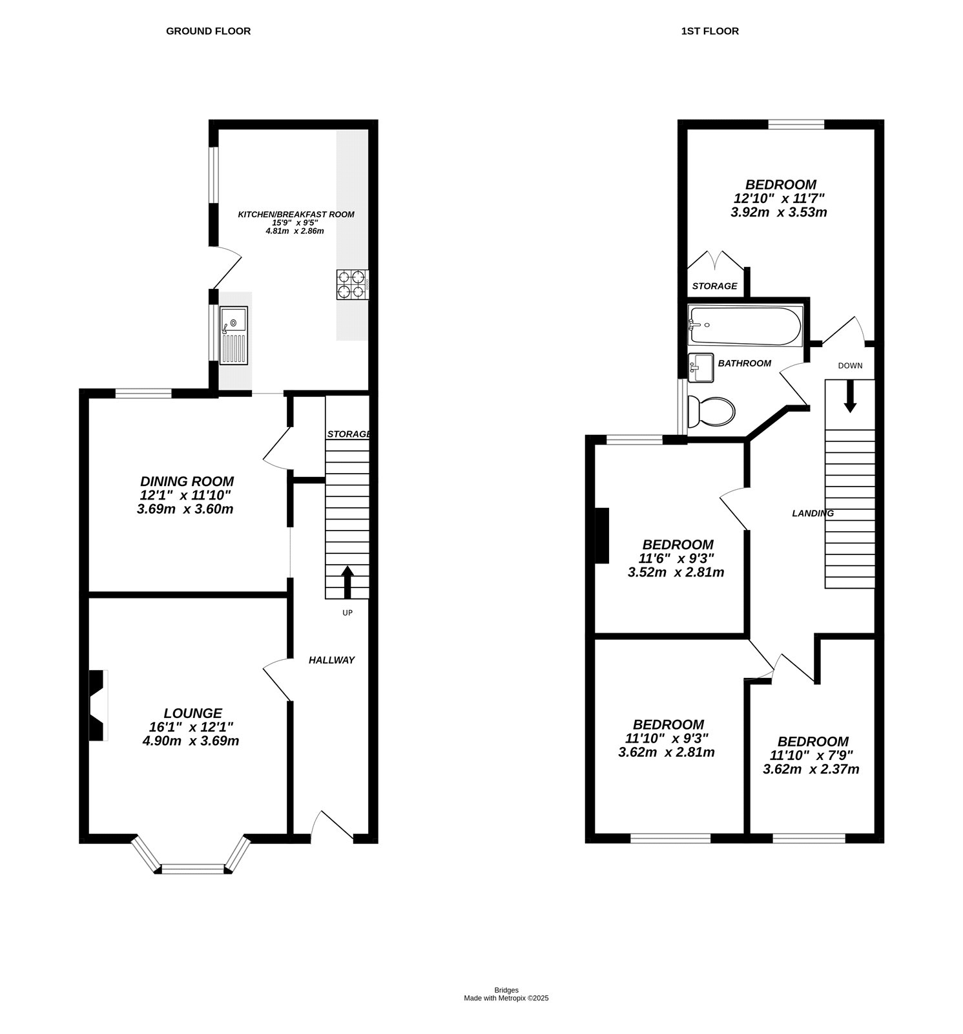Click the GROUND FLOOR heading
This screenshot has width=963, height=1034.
click(208, 31)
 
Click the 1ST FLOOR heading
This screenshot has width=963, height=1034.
click(709, 31)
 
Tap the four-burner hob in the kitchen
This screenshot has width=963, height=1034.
click(351, 284)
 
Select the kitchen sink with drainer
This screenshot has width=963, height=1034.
click(233, 335)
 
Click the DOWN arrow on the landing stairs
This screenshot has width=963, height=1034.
click(850, 396)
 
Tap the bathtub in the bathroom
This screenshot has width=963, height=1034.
click(745, 325)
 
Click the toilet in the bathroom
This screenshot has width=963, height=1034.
click(711, 412)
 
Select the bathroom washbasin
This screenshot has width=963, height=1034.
click(701, 367)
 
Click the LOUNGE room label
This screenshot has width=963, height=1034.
click(192, 713)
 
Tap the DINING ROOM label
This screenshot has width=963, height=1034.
click(187, 481)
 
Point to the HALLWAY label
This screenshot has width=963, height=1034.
click(331, 660)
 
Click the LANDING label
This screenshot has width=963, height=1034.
click(813, 513)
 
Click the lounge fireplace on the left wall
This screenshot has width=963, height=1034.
click(96, 705)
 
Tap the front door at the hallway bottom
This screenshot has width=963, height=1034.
click(333, 828)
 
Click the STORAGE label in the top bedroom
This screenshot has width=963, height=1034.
click(714, 286)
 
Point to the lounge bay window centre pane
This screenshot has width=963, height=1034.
click(192, 869)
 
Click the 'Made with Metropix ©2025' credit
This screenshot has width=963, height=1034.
click(506, 998)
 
